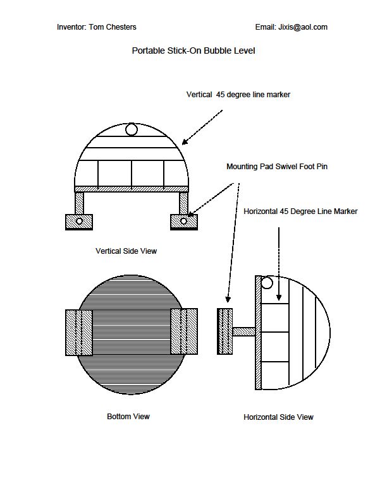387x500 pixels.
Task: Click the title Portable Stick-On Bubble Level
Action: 193,51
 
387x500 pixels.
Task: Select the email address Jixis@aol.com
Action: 302,27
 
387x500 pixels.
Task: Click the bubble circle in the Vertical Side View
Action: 132,129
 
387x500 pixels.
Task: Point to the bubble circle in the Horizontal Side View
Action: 267,283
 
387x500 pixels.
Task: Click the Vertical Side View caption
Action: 126,251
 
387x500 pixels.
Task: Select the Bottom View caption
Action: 128,417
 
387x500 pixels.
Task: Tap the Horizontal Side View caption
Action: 278,417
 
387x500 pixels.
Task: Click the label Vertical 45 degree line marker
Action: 238,95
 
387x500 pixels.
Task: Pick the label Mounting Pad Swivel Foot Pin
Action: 277,167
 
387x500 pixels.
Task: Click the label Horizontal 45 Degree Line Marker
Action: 300,211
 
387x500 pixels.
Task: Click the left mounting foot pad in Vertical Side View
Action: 79,222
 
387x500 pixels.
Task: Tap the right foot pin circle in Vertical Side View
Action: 184,221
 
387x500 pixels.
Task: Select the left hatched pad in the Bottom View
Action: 80,331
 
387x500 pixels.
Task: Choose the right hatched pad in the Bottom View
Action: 184,331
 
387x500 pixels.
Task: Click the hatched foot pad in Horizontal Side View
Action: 224,331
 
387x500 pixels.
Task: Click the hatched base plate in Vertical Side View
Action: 132,189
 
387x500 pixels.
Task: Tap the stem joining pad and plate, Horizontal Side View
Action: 243,331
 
